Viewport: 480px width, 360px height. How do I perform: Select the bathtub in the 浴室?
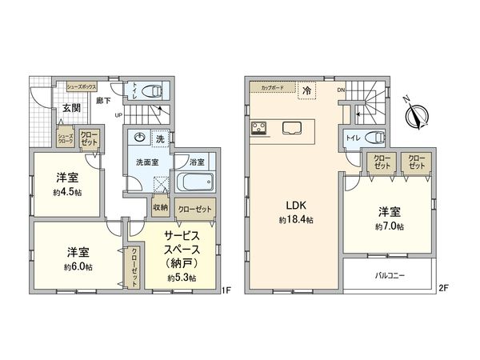pyautogui.click(x=190, y=182)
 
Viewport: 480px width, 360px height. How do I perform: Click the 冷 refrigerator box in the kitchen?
pyautogui.click(x=306, y=91)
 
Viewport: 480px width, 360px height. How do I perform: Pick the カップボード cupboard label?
pyautogui.click(x=269, y=86)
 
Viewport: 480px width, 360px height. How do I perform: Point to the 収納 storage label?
pyautogui.click(x=160, y=207)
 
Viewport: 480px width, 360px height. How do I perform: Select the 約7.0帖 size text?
pyautogui.click(x=389, y=227)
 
